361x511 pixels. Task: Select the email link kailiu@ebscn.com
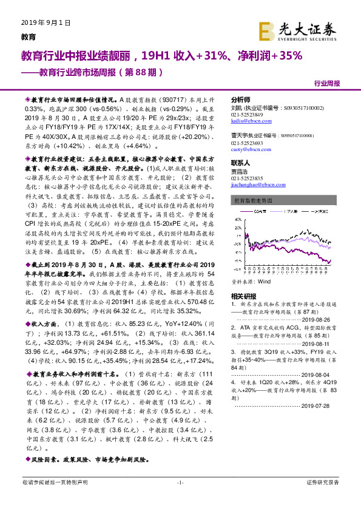246,121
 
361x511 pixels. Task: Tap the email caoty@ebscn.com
247,148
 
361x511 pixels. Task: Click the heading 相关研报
243,296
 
